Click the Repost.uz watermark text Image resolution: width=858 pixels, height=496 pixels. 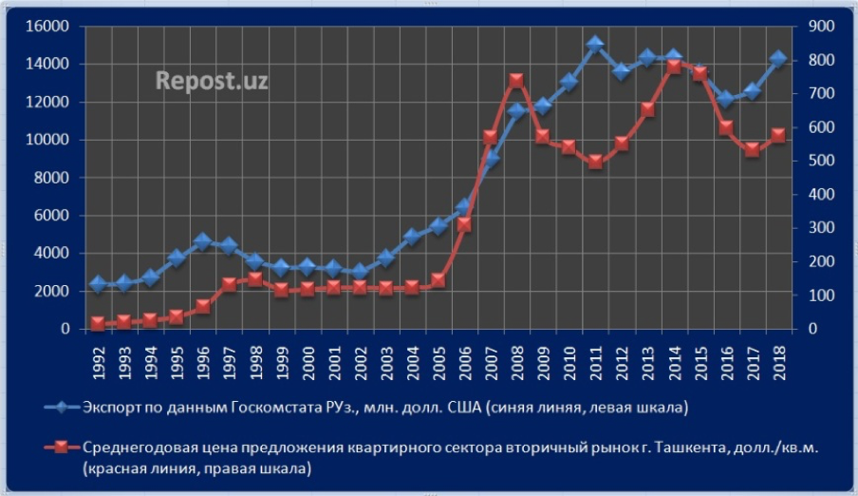click(x=211, y=81)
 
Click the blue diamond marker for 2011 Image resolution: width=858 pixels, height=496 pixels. click(x=595, y=45)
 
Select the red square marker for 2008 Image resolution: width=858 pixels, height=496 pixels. click(x=516, y=81)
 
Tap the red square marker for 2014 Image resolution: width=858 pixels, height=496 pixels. click(x=674, y=67)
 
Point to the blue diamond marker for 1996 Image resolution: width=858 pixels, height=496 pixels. click(x=202, y=242)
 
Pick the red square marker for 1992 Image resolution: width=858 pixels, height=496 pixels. click(x=97, y=324)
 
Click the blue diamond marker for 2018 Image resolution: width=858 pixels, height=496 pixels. click(x=778, y=59)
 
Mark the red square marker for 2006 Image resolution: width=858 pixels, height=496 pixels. click(x=464, y=224)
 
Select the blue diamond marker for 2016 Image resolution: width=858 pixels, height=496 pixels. click(x=726, y=99)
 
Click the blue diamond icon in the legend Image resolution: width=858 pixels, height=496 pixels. click(x=62, y=409)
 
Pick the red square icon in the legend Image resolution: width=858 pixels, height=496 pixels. click(x=62, y=447)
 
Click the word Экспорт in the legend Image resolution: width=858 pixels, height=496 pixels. click(x=114, y=409)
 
